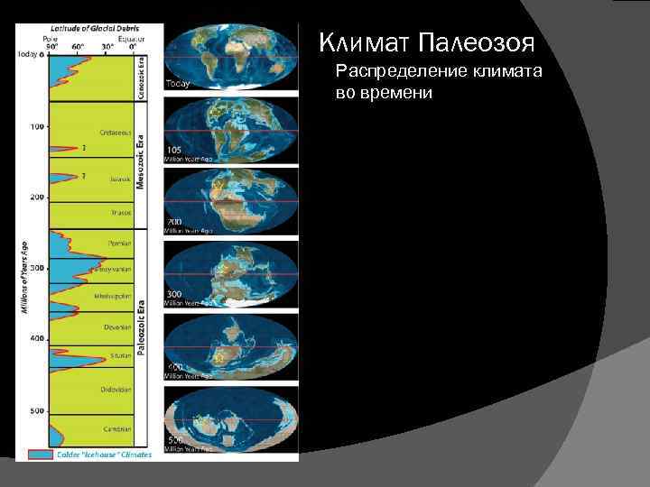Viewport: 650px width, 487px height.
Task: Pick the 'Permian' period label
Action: [120, 243]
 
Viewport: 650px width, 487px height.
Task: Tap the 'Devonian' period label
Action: [118, 326]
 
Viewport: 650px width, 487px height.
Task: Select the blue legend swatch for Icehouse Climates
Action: [42, 455]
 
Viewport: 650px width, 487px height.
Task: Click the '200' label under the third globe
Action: [172, 221]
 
